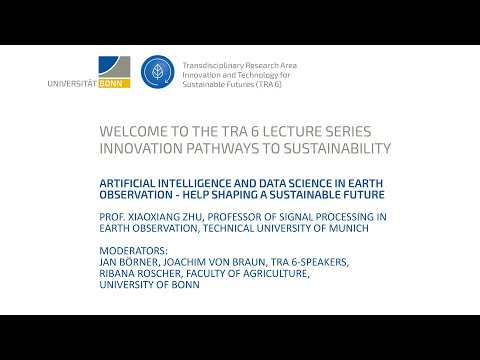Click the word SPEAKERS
pyautogui.click(x=320, y=262)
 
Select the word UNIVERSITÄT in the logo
pyautogui.click(x=73, y=83)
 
